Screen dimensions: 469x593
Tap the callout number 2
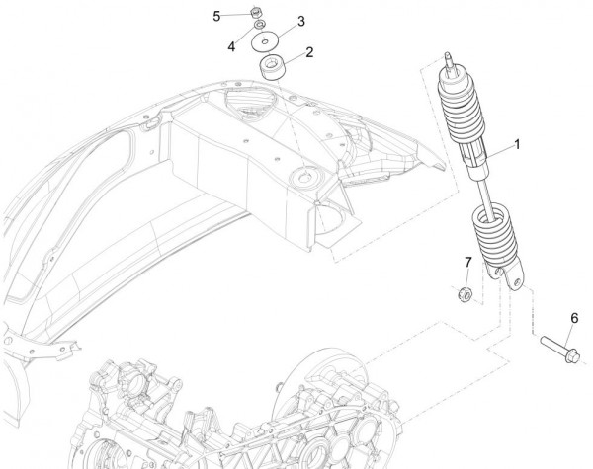[x=309, y=51]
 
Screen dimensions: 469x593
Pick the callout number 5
[x=217, y=15]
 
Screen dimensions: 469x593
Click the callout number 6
[x=573, y=317]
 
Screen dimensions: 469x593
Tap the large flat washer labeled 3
[x=265, y=42]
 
